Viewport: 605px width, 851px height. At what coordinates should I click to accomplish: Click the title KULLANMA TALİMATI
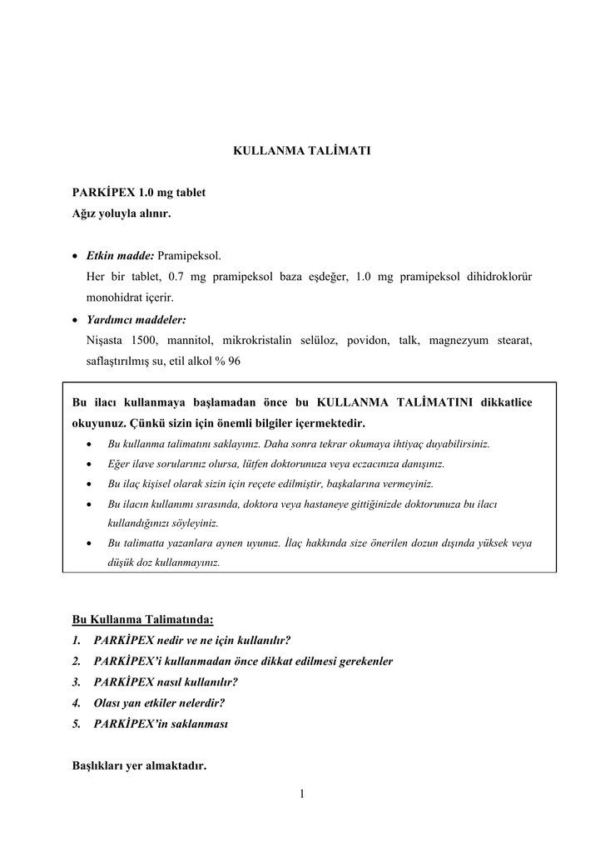point(301,152)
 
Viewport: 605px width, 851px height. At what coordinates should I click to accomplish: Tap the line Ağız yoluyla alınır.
point(121,214)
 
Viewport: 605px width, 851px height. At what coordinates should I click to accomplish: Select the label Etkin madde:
point(120,254)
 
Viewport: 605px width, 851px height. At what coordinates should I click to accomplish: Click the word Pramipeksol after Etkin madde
point(190,254)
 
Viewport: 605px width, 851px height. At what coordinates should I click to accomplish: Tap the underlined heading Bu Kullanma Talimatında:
point(142,619)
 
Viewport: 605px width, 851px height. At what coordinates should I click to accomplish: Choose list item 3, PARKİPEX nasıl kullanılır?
point(166,681)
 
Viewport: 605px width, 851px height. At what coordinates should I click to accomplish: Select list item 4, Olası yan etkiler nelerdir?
point(159,702)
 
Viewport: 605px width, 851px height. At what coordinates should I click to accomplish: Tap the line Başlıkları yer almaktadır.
point(139,765)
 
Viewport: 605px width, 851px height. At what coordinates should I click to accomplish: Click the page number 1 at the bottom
point(302,794)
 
